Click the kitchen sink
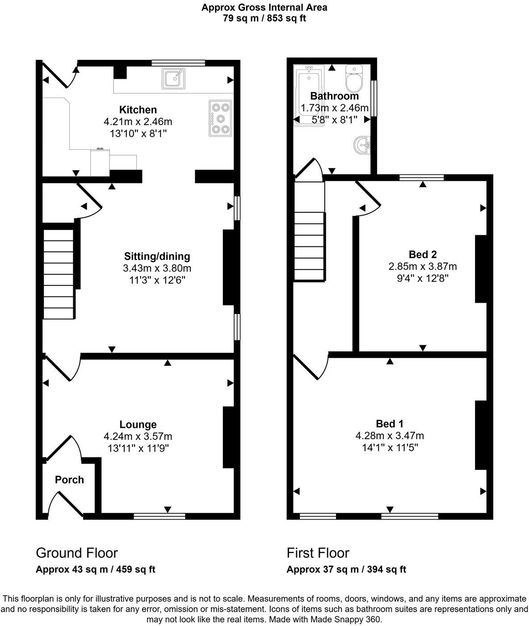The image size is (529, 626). (174, 79)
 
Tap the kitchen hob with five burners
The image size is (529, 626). (220, 118)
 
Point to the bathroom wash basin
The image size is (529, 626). (362, 145)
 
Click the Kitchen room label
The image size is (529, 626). (138, 110)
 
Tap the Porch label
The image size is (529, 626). (69, 480)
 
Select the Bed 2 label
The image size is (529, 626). (423, 254)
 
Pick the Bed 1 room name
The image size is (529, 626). (390, 423)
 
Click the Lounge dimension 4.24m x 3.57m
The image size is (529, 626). (138, 436)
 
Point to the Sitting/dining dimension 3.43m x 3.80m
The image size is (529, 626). (157, 268)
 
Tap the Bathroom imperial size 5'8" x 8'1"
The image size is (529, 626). (334, 119)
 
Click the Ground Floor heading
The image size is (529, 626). (77, 553)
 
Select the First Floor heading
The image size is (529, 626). (318, 553)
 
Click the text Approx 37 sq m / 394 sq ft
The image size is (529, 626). (346, 569)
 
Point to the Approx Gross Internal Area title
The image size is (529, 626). (264, 7)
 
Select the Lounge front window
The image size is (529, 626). (160, 516)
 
